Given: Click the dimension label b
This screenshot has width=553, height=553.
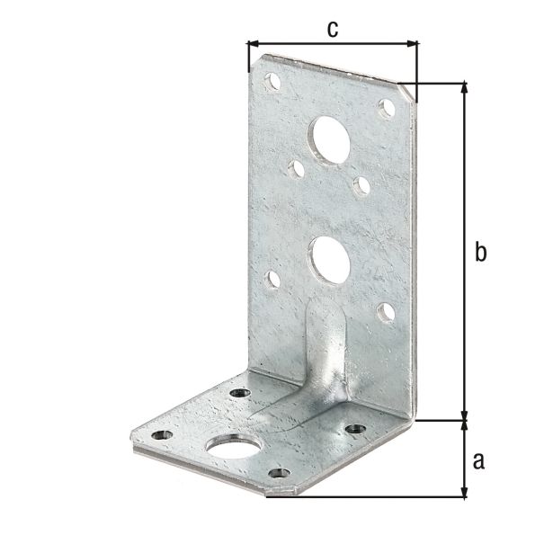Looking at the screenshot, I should coord(480,252).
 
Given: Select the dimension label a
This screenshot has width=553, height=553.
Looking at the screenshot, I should coord(478,460).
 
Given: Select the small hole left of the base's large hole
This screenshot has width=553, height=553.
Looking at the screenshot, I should coord(162,435).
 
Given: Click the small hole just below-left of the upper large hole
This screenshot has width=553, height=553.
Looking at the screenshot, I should coord(296,167).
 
